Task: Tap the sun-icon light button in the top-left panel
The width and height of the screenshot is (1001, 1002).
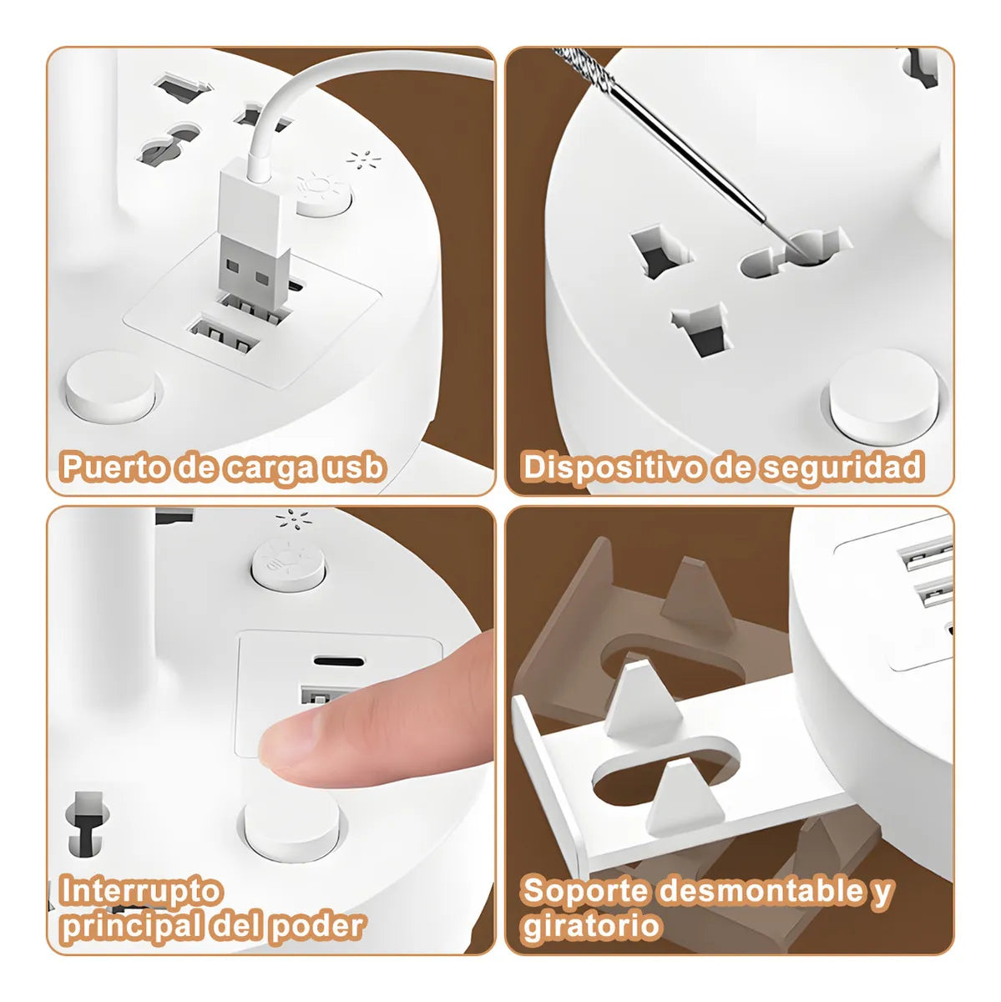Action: point(323,195)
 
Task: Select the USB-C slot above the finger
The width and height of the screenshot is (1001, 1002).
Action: point(339,660)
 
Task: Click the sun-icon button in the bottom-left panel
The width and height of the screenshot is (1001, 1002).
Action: point(288,564)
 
